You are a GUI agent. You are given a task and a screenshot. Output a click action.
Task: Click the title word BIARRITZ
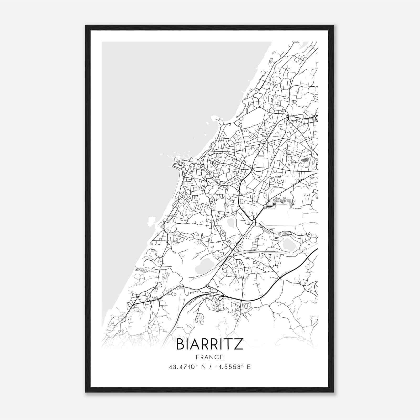[209, 344]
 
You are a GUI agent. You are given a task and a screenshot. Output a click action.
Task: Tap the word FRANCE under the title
[209, 357]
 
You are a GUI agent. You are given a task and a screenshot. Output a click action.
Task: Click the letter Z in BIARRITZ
[238, 344]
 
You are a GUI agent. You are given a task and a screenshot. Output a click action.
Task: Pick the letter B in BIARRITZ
[181, 344]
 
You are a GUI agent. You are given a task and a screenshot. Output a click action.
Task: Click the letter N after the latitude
[202, 367]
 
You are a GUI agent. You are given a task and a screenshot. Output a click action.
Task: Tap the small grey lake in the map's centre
[231, 223]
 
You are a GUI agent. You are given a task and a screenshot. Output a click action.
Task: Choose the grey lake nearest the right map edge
[289, 244]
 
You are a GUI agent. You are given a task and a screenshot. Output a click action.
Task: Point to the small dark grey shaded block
[304, 159]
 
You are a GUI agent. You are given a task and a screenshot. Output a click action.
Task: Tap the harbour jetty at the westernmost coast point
[175, 165]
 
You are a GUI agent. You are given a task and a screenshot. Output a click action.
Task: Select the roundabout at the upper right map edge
[315, 116]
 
